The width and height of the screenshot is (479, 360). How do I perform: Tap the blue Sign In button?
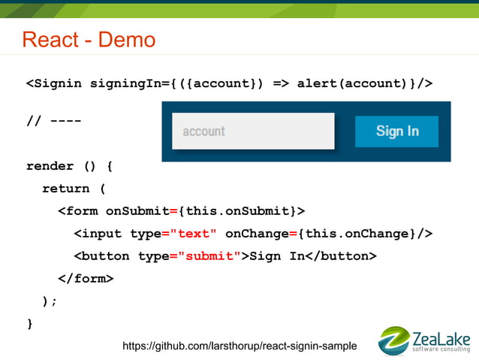(396, 132)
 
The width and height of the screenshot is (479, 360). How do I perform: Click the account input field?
(253, 132)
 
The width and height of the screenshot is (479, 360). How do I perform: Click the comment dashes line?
(54, 121)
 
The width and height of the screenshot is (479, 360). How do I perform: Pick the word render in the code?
(50, 166)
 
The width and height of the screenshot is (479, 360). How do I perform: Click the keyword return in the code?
(65, 189)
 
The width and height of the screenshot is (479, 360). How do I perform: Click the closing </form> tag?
(86, 279)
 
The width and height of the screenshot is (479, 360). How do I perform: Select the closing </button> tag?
(341, 256)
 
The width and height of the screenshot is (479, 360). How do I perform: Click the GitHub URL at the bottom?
(239, 346)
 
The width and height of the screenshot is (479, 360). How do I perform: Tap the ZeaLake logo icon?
(394, 340)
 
